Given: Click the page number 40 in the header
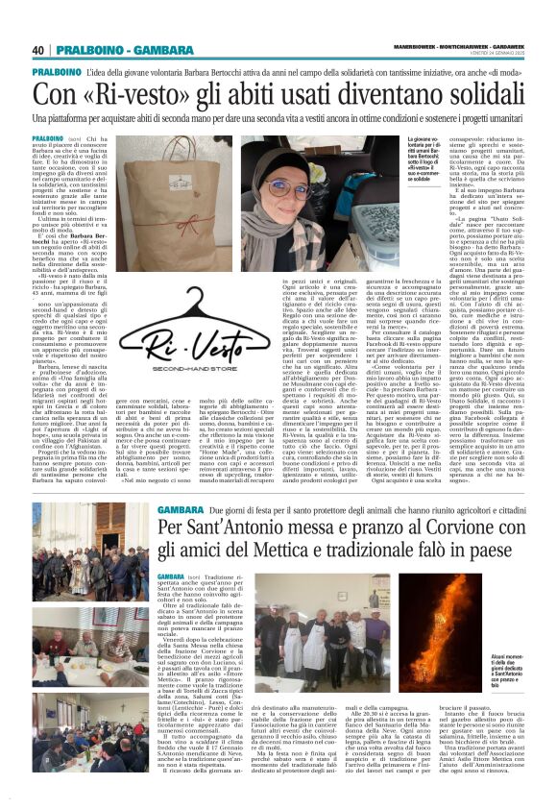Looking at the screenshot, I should pos(39,50).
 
